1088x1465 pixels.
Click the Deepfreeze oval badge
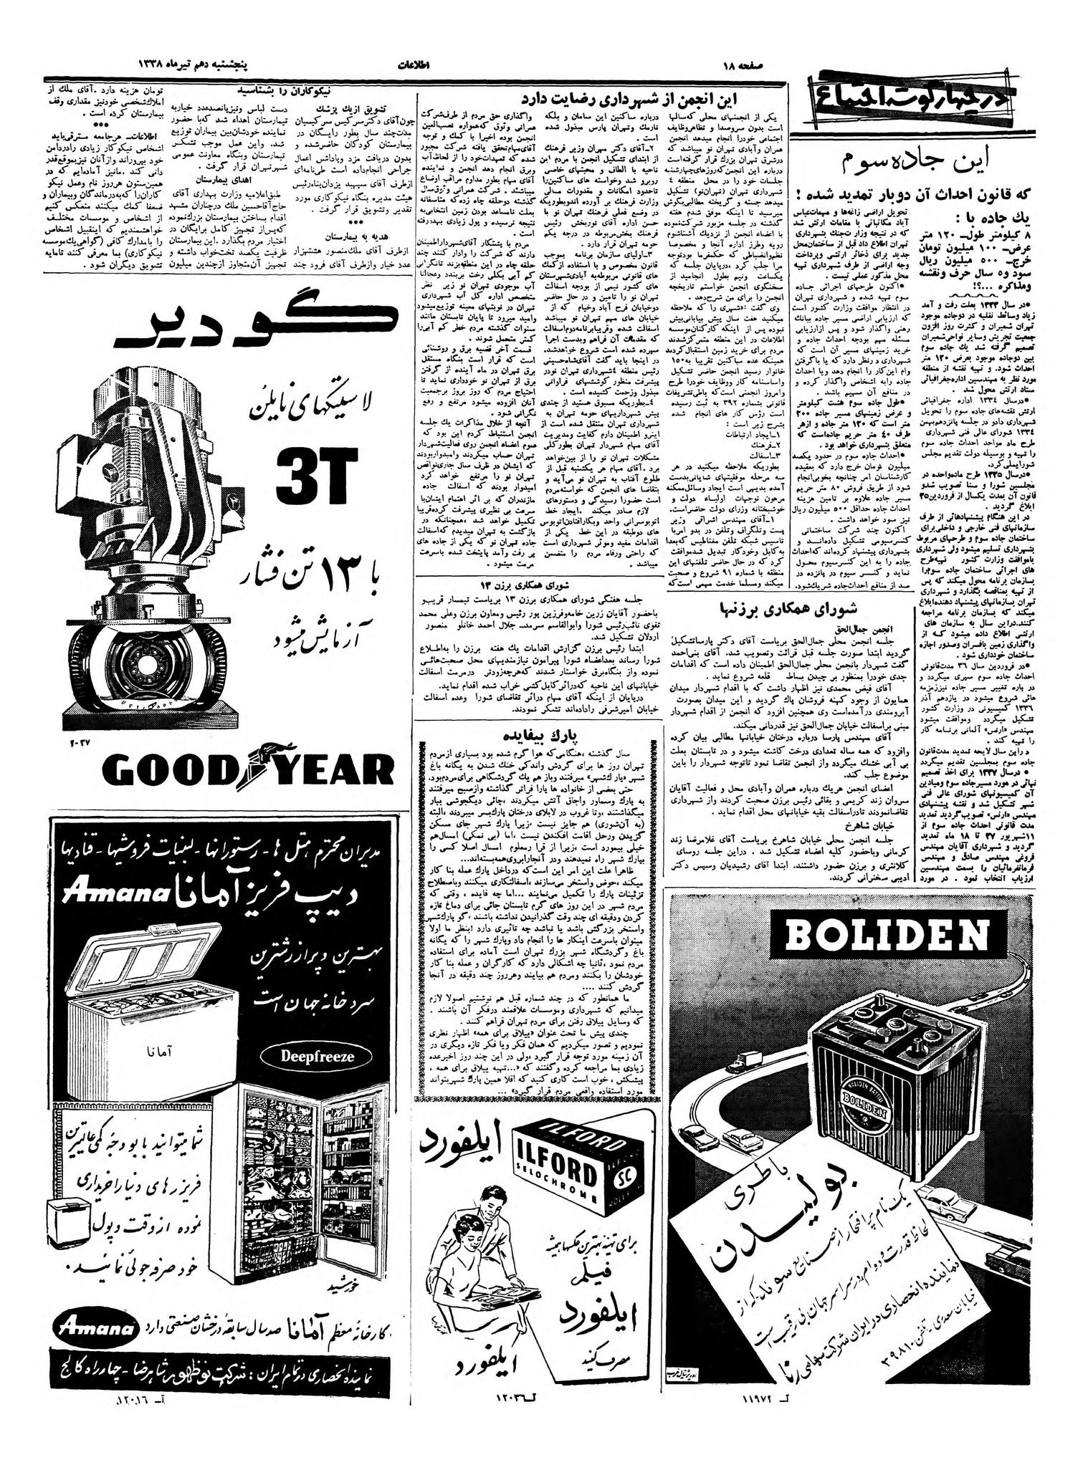pos(307,1055)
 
